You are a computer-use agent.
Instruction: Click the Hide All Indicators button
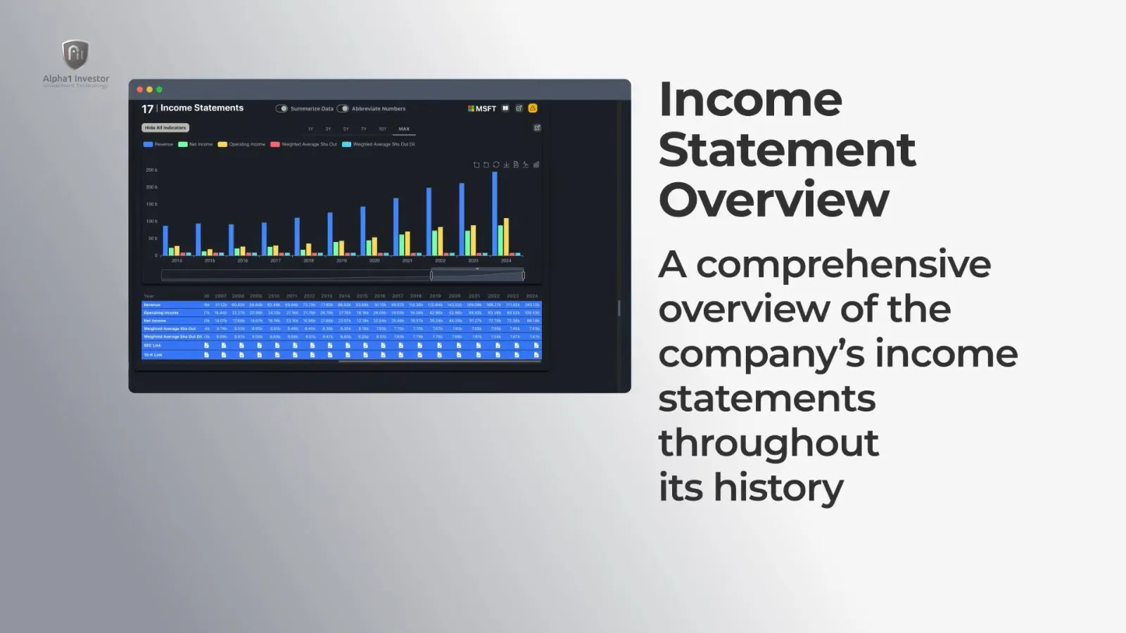coord(165,128)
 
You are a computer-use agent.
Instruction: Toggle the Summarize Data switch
coord(281,108)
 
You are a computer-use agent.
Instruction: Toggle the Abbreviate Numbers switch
coord(343,108)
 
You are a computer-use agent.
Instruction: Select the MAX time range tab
coord(404,129)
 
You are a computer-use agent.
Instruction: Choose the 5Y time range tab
coord(346,129)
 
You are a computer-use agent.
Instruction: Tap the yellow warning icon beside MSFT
coord(533,108)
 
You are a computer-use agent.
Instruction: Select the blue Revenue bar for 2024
coord(495,214)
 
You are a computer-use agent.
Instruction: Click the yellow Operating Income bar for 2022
coord(441,241)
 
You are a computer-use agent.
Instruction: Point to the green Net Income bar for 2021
coord(402,245)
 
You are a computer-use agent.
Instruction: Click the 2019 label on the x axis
coord(341,261)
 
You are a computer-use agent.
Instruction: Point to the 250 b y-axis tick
coord(151,170)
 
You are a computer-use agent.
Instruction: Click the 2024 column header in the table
coord(532,296)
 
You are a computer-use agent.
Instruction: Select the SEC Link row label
coord(153,345)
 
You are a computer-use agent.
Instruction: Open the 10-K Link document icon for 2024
coord(536,354)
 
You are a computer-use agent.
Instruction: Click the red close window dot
coord(140,89)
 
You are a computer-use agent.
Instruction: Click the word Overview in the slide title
coord(774,200)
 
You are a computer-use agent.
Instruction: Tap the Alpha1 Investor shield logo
coord(75,55)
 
